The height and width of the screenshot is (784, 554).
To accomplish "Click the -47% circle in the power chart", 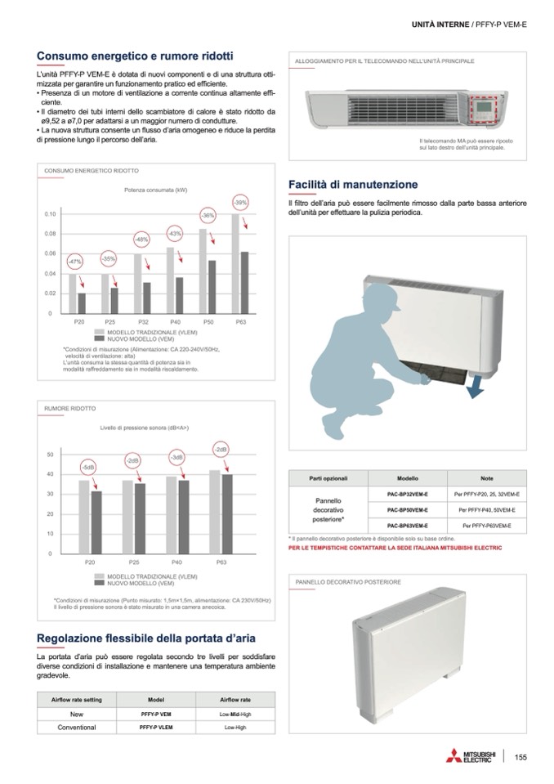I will pos(75,261).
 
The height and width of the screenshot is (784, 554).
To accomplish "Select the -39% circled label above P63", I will pos(240,202).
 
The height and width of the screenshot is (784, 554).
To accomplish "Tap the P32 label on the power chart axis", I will pos(143,323).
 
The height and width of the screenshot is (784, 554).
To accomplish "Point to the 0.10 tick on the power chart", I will pos(50,214).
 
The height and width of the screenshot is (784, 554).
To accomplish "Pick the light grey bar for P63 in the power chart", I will pos(235,263).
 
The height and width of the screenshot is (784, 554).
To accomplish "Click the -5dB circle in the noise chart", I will pos(88,466).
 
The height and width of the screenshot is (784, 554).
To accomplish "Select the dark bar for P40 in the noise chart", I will pos(184,517).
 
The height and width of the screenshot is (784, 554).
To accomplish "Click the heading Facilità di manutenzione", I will pos(353,185).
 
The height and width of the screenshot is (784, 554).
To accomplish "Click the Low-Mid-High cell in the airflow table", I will pos(235,714).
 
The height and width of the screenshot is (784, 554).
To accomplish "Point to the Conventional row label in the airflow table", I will pos(77,727).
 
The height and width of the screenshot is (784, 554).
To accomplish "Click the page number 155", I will pos(520,757).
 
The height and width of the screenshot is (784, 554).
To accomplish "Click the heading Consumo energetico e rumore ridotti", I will pos(136,56).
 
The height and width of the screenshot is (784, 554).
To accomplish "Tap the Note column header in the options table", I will pos(487,477).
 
